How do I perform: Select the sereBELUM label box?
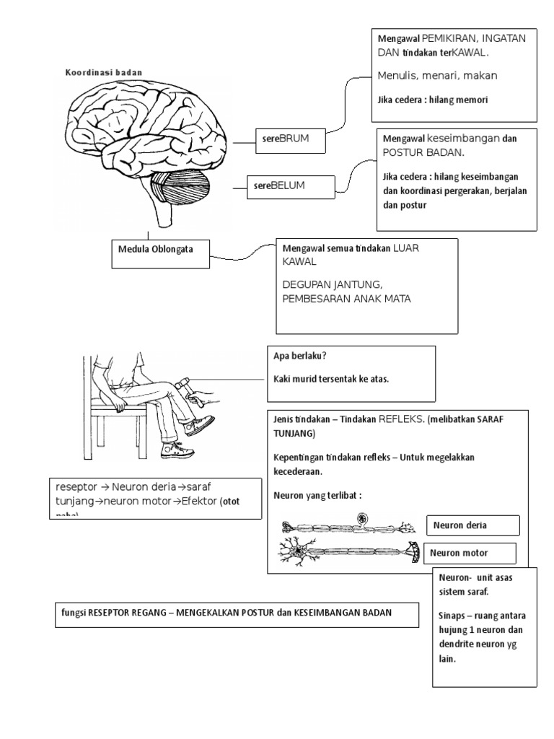click(x=291, y=187)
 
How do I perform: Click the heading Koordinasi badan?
click(x=104, y=72)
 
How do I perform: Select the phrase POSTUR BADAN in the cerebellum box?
click(x=423, y=153)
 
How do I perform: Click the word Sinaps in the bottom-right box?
click(x=454, y=616)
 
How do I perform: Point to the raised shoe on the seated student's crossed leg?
click(x=200, y=424)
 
